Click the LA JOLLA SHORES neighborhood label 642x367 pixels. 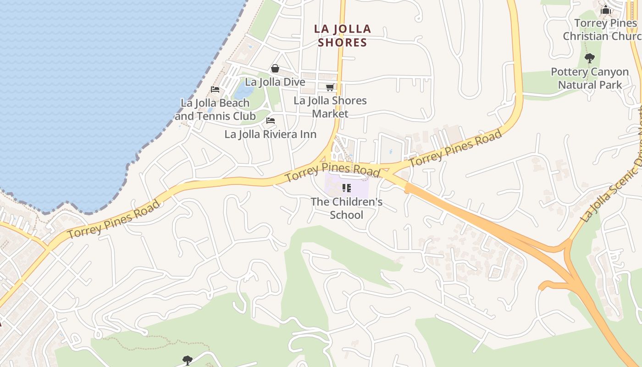coord(342,36)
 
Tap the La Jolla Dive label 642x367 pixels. coord(275,82)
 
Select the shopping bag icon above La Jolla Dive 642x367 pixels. coord(275,68)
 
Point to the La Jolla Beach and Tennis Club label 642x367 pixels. coord(215,110)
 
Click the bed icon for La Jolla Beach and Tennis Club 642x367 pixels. coord(215,89)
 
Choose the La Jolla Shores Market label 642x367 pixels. coord(330,107)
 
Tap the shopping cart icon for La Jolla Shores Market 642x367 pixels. coord(330,87)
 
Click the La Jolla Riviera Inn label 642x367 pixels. coord(270,134)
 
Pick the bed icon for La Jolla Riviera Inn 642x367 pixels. coord(271,121)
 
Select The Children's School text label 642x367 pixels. coord(347,208)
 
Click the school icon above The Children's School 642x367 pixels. coord(347,188)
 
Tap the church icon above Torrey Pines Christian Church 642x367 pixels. coord(606,10)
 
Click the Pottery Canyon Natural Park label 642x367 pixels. coord(590,78)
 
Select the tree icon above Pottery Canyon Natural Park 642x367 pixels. coord(590,58)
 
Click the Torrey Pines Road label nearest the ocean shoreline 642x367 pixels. coord(114,219)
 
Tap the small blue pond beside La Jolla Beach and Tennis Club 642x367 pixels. coord(244,90)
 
